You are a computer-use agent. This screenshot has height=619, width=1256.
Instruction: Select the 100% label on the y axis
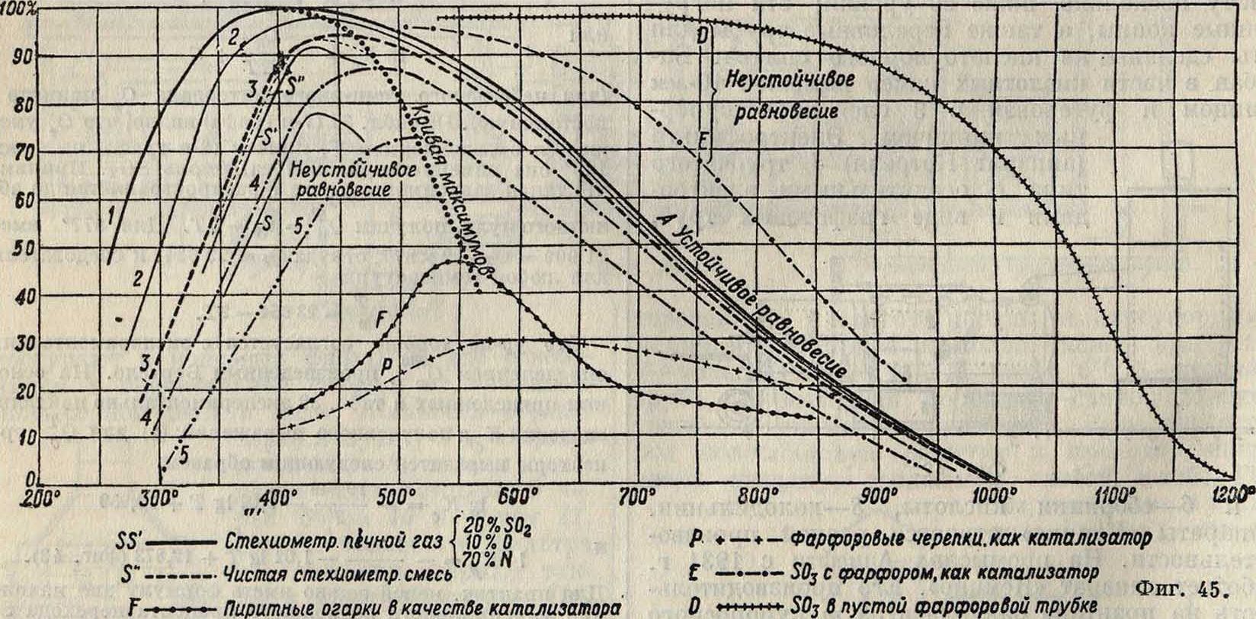click(17, 10)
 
